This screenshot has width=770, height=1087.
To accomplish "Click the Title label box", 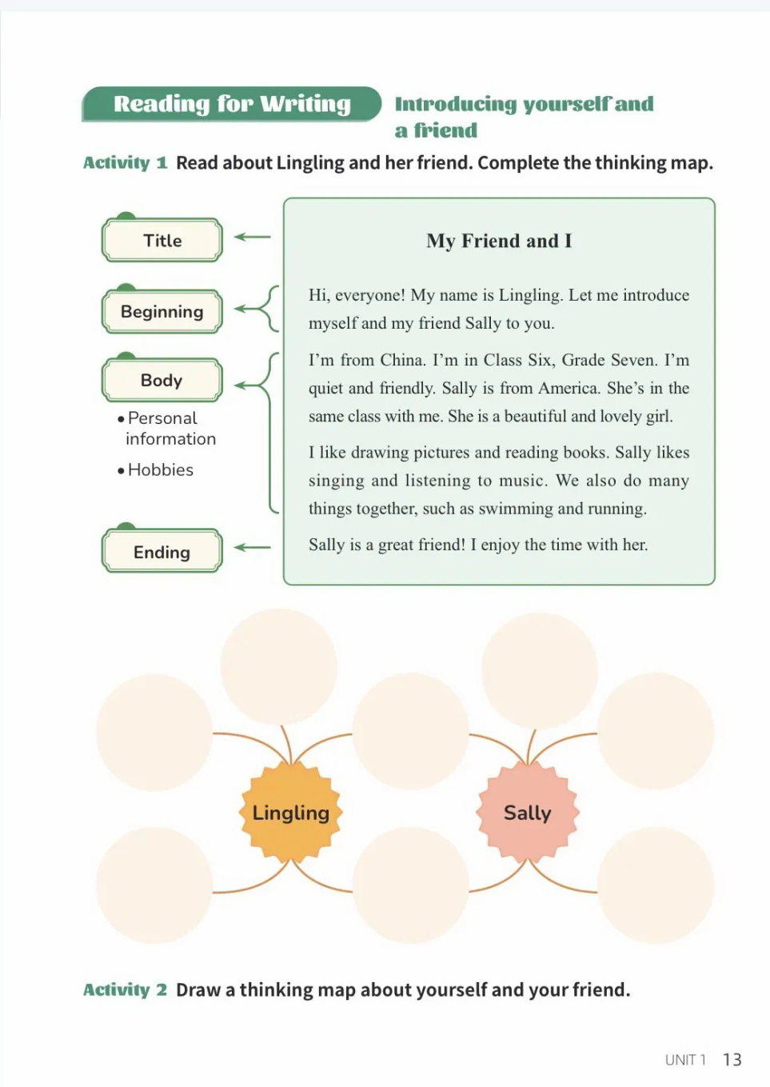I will tap(162, 240).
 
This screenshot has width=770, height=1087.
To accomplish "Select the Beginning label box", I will tap(162, 312).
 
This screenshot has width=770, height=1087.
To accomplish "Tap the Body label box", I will tap(162, 380).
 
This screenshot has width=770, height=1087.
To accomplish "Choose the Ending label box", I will tap(162, 552).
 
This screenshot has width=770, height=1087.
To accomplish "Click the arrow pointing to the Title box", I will tap(253, 237).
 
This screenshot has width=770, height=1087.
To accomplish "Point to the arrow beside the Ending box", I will tap(253, 547).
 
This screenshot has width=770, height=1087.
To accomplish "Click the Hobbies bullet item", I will tap(160, 470).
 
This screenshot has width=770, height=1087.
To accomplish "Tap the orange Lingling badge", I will tap(291, 813).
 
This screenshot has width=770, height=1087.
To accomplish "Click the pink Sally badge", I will tap(527, 813).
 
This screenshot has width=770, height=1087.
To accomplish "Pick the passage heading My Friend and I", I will tap(499, 241).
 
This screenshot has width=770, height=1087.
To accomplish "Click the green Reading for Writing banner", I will tap(232, 104).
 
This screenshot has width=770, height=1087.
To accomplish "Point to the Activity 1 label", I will tap(125, 163).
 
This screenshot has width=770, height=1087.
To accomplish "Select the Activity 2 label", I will tap(125, 990).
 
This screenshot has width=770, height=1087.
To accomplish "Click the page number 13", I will tap(732, 1060).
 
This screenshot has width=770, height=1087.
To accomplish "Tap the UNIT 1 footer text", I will tap(685, 1061).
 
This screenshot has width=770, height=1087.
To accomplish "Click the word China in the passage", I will tap(402, 360).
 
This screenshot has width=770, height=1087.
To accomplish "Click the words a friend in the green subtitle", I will tap(436, 130).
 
